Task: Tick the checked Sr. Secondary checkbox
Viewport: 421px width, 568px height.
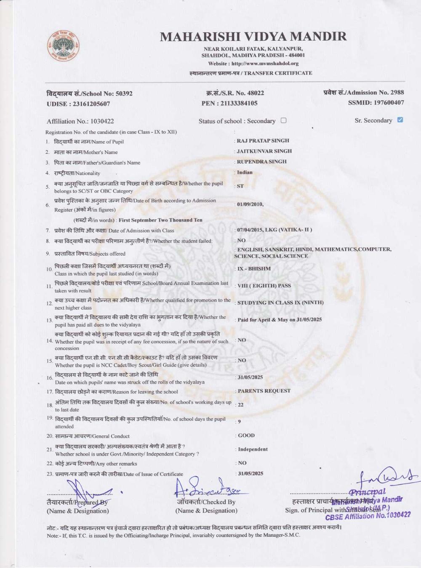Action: (x=400, y=120)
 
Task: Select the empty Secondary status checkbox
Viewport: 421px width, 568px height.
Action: (x=283, y=120)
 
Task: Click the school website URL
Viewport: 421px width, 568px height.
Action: (x=265, y=64)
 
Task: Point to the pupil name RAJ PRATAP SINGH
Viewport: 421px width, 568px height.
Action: (x=263, y=141)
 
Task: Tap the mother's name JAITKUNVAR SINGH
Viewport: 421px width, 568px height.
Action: (x=264, y=151)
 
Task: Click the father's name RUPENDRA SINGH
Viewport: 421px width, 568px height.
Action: (x=261, y=162)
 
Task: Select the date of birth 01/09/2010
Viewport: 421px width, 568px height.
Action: (x=250, y=204)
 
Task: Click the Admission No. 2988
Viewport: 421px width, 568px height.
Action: (x=397, y=93)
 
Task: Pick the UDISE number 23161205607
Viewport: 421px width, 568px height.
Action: (x=91, y=104)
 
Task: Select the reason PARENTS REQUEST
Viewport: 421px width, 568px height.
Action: (x=264, y=391)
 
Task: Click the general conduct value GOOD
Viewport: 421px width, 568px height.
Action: (x=246, y=435)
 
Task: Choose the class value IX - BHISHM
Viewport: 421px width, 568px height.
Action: (x=254, y=268)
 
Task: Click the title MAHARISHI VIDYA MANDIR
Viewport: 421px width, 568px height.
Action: (x=253, y=37)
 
